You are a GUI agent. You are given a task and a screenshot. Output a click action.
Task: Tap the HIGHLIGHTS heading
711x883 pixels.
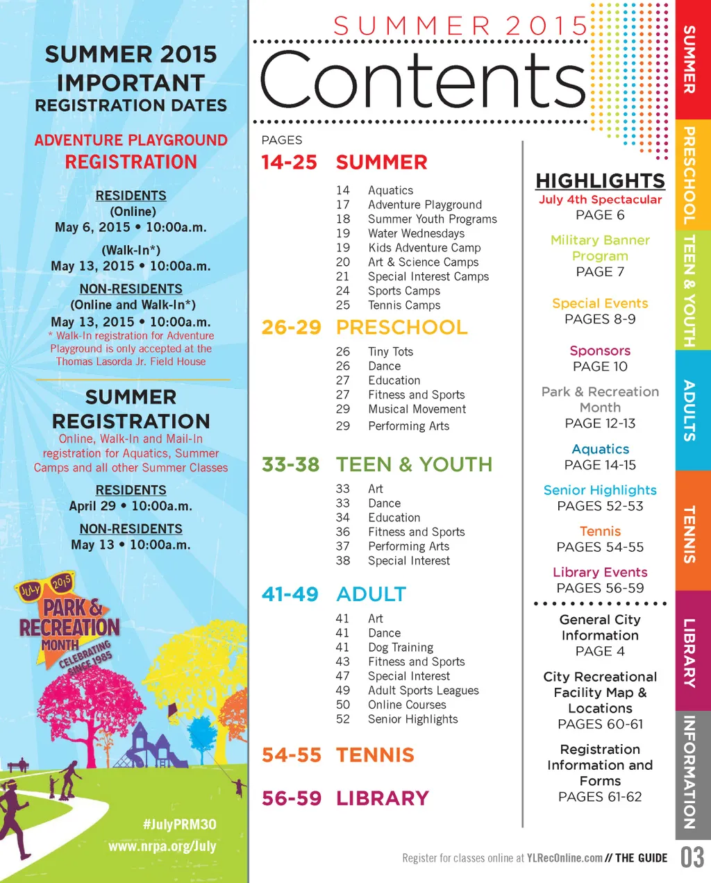point(600,180)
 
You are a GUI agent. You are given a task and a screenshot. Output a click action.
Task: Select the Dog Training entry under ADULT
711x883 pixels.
point(401,647)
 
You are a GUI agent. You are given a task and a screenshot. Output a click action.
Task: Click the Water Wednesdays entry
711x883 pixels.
point(416,233)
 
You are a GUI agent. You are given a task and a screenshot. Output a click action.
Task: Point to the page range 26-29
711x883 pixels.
point(292,327)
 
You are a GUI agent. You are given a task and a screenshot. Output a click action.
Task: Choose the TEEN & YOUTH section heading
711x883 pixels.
point(414,464)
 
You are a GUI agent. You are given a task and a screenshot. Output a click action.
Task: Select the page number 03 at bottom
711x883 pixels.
point(692,857)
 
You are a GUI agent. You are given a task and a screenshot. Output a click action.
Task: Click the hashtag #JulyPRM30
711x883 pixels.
point(179,824)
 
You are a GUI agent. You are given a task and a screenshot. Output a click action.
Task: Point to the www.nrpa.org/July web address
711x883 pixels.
point(162,846)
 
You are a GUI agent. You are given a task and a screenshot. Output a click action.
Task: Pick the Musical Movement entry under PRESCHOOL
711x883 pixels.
point(417,409)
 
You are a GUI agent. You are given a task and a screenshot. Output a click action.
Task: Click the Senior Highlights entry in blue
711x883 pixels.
point(600,490)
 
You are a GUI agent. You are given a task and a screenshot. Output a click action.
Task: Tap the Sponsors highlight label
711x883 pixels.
point(600,351)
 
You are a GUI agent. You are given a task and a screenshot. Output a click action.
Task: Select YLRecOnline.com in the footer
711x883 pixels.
point(564,858)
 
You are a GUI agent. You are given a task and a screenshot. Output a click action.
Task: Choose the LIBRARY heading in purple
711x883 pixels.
point(382,798)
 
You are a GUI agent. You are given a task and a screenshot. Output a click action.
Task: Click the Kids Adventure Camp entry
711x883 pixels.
point(424,248)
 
